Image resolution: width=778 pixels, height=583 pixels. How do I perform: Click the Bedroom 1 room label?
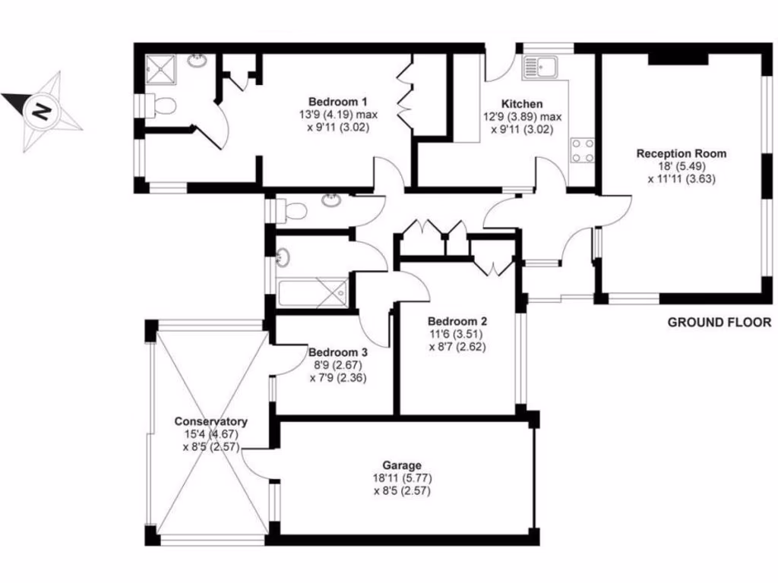click(338, 102)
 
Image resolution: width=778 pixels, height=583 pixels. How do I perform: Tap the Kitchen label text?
click(522, 104)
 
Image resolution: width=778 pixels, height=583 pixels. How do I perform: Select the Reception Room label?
click(681, 153)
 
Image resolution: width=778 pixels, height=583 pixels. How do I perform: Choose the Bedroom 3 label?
click(338, 352)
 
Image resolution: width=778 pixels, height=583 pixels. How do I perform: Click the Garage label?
click(403, 465)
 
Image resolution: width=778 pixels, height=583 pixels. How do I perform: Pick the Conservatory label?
click(211, 421)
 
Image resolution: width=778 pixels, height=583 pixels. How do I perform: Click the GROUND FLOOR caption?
click(719, 322)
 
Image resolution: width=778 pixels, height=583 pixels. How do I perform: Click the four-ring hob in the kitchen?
click(583, 149)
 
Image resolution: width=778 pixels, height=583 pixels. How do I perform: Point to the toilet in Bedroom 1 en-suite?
click(161, 105)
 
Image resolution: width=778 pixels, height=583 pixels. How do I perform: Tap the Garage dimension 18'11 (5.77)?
click(403, 478)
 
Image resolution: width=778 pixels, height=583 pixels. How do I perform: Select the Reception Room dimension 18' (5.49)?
click(681, 166)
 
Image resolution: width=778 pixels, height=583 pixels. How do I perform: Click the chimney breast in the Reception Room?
click(678, 59)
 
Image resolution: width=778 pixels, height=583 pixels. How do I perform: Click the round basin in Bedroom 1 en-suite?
click(199, 59)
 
